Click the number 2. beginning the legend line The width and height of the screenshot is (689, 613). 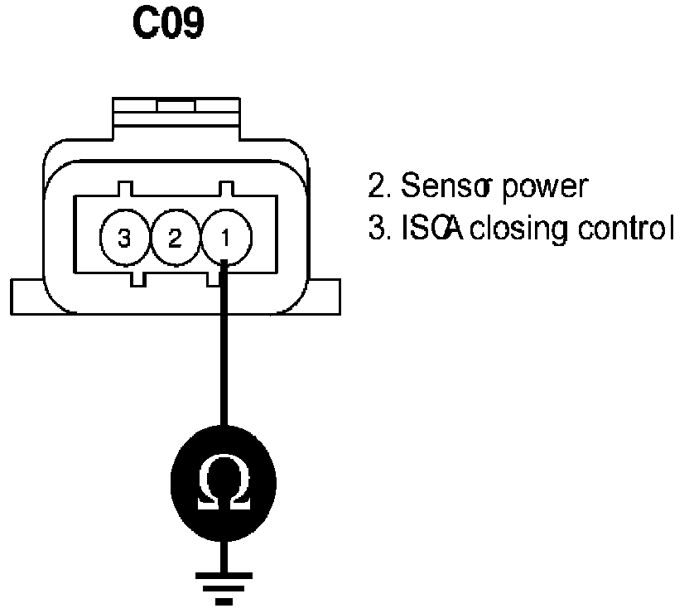click(378, 186)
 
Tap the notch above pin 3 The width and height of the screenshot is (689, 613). click(124, 189)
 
